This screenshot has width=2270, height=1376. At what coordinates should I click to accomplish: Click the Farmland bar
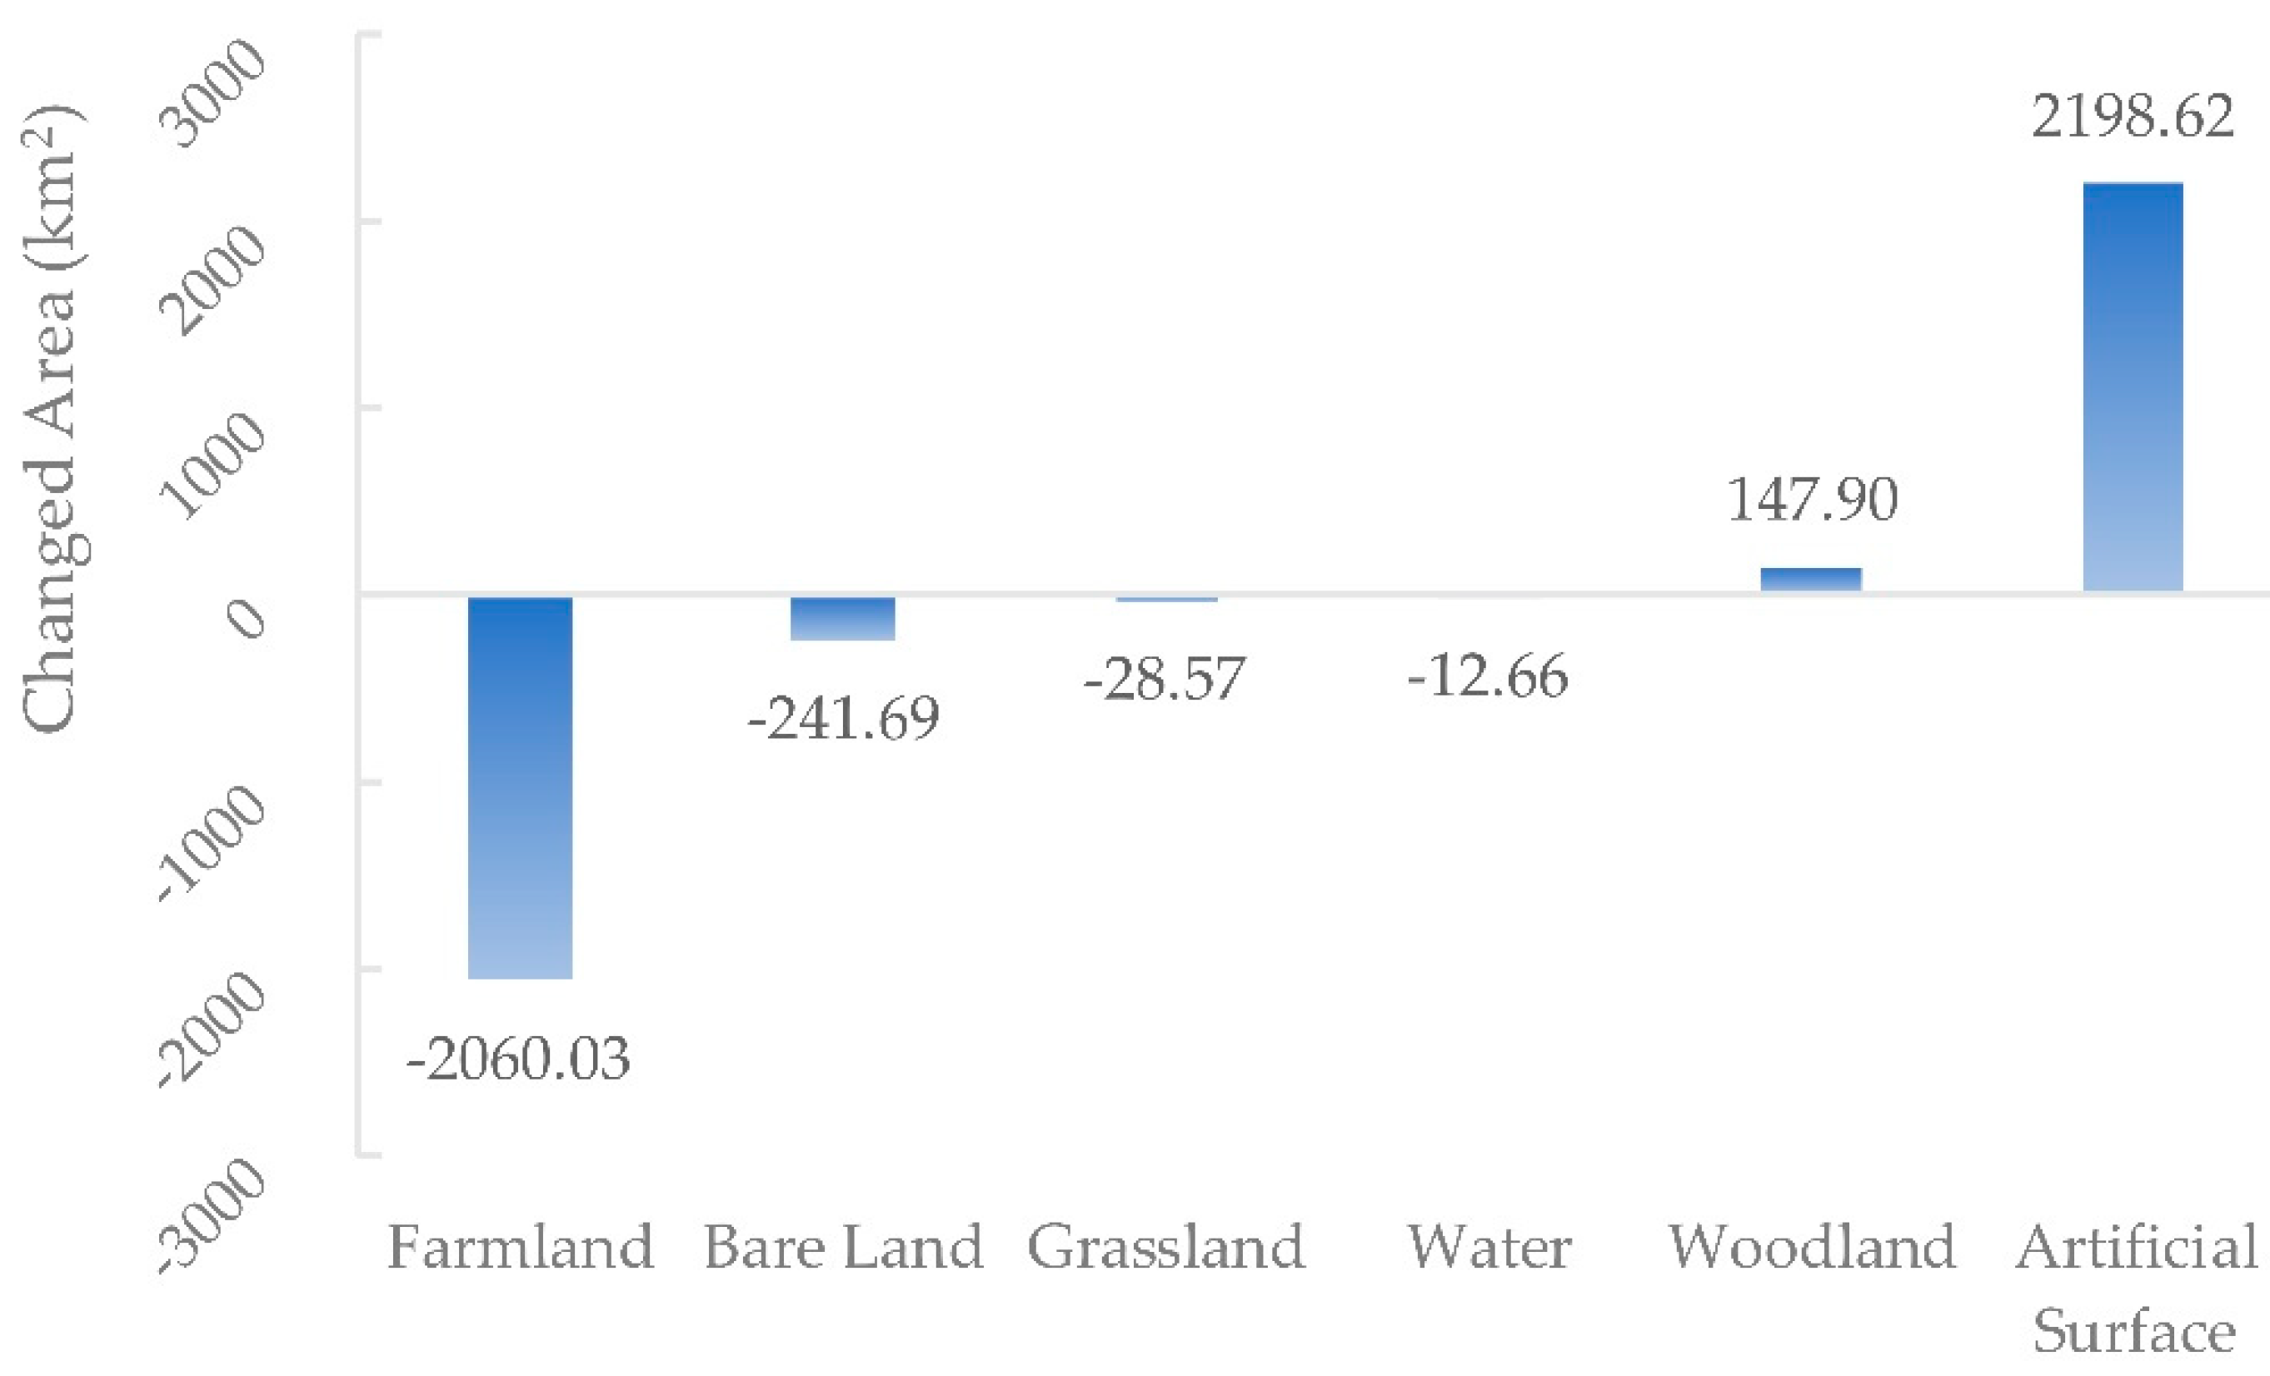[521, 787]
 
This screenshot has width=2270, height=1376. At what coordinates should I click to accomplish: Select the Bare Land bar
[843, 618]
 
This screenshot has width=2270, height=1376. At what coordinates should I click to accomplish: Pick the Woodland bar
[1811, 580]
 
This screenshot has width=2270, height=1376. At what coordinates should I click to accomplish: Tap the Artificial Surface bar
[2133, 386]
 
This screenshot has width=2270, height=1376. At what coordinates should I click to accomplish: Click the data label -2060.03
[519, 1059]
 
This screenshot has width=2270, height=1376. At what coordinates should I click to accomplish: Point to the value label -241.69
[843, 718]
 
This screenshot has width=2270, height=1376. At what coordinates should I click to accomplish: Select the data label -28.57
[1165, 679]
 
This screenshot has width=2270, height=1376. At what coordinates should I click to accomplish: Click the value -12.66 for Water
[1488, 676]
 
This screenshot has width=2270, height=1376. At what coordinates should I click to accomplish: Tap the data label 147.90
[1812, 500]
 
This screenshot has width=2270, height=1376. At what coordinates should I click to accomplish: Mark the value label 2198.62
[2133, 117]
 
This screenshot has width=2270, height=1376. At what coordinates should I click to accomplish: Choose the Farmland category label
[521, 1248]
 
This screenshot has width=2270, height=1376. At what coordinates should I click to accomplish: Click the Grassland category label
[1166, 1248]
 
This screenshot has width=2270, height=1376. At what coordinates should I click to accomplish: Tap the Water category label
[1489, 1248]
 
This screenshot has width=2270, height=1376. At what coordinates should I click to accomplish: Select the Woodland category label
[1812, 1248]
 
